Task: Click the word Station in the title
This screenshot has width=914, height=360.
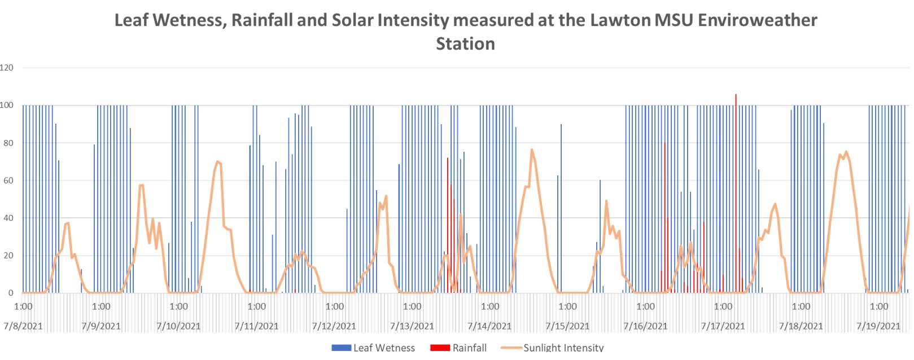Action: (465, 44)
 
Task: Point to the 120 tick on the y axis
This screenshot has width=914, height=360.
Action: (7, 68)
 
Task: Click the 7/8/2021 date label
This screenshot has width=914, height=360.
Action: (23, 326)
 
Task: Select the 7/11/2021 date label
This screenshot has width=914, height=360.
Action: (256, 326)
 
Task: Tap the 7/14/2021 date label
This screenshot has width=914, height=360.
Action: (489, 326)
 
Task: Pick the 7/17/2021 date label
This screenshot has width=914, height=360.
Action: (723, 326)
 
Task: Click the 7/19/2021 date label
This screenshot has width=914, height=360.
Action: (878, 326)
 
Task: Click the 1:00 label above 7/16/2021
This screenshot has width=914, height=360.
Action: (645, 307)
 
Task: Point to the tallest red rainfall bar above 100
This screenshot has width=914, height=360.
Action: (736, 96)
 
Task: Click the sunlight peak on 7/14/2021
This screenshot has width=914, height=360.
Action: (532, 150)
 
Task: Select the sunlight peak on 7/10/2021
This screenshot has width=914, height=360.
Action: (217, 162)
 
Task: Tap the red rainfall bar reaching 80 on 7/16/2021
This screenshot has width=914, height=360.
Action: (664, 144)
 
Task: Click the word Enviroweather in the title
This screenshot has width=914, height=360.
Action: (758, 20)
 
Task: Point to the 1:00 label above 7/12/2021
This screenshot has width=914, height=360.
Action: (334, 307)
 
